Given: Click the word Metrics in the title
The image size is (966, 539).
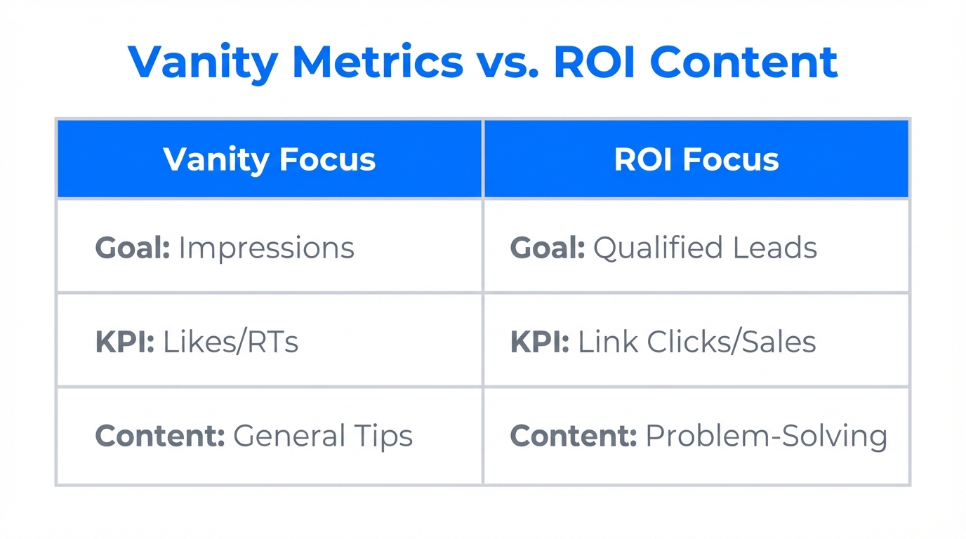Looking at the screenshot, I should coord(377,61).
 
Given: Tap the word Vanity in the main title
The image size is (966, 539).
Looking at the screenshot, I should coord(204,61).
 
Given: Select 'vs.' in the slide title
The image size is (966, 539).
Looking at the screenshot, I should coord(509,61).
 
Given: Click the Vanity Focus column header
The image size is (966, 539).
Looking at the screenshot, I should coord(270,159).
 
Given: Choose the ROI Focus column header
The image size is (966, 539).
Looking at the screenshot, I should coord(696,159).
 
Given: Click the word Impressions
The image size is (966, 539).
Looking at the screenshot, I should coord(266,248).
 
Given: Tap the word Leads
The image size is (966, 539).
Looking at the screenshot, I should coord(782,248).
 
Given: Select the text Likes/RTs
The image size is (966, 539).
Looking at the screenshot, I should coord(230,342).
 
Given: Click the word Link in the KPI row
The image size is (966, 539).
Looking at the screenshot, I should coord(608,342).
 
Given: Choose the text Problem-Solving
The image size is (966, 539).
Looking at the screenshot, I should coord(766,437).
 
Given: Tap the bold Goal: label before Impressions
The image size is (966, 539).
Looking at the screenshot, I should coord(132,248).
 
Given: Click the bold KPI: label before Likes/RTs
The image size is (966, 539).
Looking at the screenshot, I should coord(124,342).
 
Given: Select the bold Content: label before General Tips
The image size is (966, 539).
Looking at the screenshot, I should coord(159,436).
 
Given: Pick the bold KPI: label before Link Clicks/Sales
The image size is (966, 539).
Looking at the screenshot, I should coord(539,342).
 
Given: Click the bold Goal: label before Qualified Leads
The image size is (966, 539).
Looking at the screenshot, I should coord(547,248).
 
